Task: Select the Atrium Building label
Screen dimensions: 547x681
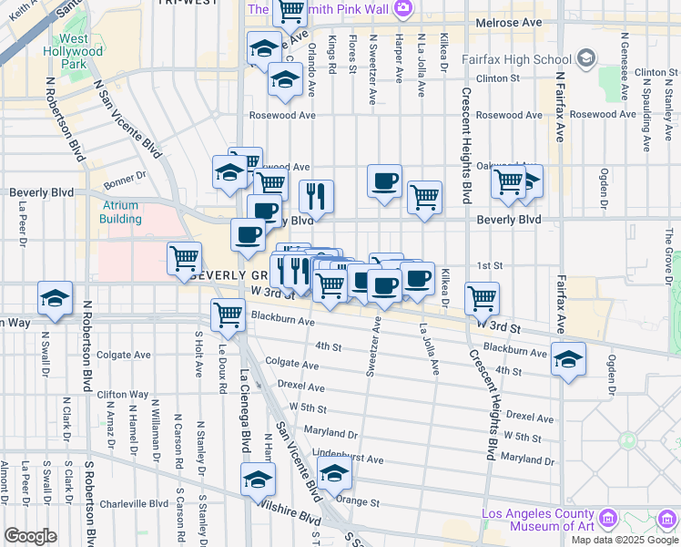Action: point(120,212)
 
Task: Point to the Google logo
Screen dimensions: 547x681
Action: point(30,536)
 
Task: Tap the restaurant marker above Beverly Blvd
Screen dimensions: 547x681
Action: point(316,195)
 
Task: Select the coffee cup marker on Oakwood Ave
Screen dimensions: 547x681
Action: point(384,180)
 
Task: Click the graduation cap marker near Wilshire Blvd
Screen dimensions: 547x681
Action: point(258,479)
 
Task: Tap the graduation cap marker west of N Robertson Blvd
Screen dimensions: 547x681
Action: point(55,299)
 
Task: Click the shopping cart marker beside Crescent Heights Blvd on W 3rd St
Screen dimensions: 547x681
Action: point(481,297)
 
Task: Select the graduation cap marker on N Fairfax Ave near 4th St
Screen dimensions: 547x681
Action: point(568,360)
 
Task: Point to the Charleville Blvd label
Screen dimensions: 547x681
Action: point(134,503)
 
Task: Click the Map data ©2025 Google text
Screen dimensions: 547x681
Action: point(625,539)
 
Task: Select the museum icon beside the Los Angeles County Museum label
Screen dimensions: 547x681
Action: point(610,519)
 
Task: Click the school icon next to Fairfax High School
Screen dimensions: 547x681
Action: point(585,60)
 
